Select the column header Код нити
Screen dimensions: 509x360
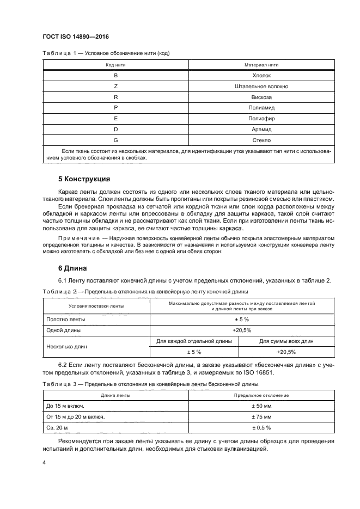(115, 65)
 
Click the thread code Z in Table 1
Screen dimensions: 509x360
(115, 87)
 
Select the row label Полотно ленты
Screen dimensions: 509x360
(65, 320)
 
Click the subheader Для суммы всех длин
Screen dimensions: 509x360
(286, 341)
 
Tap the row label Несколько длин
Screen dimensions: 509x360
(67, 346)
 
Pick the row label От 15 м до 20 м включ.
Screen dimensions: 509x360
(75, 417)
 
